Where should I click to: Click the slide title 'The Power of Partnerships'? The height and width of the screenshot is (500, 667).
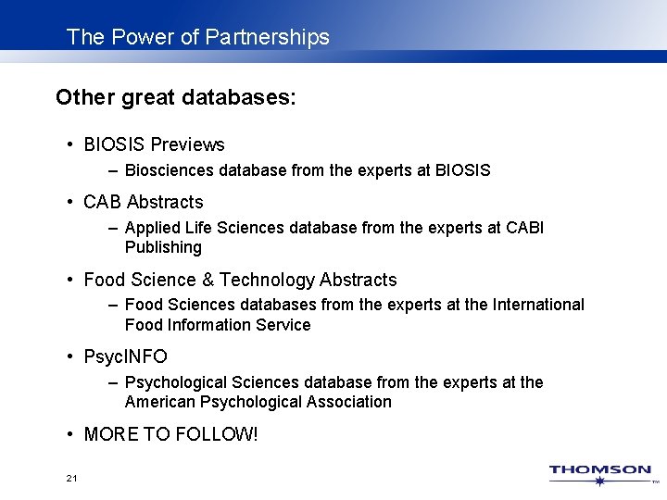click(x=198, y=37)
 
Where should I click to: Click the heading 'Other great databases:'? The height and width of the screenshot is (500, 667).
click(x=176, y=97)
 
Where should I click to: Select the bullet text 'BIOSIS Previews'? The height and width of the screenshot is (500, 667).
click(x=154, y=144)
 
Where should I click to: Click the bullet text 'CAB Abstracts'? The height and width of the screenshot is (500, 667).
click(x=143, y=202)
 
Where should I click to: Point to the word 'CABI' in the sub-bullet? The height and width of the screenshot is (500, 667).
click(x=525, y=228)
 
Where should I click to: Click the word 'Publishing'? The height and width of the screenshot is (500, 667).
click(x=163, y=247)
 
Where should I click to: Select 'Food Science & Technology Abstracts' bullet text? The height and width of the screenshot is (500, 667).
click(x=240, y=280)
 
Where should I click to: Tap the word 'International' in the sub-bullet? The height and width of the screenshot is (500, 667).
click(x=539, y=305)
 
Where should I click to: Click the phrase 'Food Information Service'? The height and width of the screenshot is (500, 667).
click(x=218, y=325)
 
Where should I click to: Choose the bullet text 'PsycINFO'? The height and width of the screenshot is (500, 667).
click(x=125, y=356)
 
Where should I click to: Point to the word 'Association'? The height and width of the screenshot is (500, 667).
click(x=349, y=402)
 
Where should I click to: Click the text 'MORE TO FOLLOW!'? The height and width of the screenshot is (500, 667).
click(x=170, y=434)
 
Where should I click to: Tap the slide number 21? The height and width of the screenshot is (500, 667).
click(x=72, y=479)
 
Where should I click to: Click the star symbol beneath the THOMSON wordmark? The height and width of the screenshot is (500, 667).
click(x=600, y=481)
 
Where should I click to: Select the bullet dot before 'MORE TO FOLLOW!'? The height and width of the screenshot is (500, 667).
click(x=70, y=434)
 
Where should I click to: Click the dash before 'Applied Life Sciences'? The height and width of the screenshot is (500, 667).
click(x=112, y=228)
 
